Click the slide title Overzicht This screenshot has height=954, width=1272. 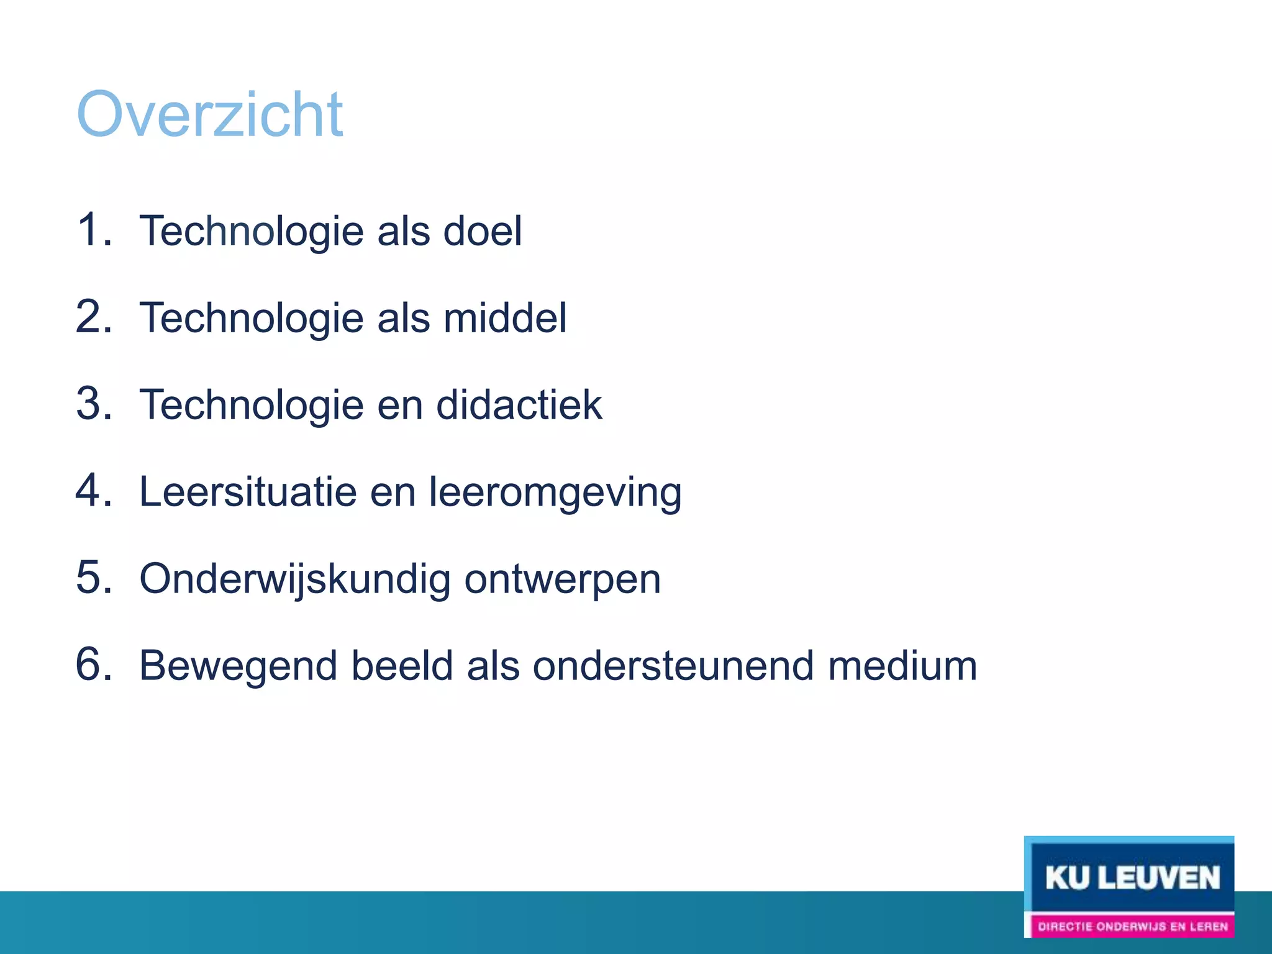pyautogui.click(x=209, y=114)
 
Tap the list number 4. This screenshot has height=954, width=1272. pyautogui.click(x=93, y=491)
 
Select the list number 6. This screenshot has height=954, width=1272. pyautogui.click(x=93, y=665)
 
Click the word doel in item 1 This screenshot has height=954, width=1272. pyautogui.click(x=482, y=231)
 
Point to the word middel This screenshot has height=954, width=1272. pyautogui.click(x=504, y=318)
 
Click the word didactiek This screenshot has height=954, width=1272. pyautogui.click(x=519, y=405)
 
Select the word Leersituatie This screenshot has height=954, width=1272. pyautogui.click(x=247, y=492)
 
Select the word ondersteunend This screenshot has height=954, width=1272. pyautogui.click(x=673, y=666)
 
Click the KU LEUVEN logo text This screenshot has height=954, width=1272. pyautogui.click(x=1132, y=878)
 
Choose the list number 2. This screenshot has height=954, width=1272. pyautogui.click(x=93, y=317)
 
